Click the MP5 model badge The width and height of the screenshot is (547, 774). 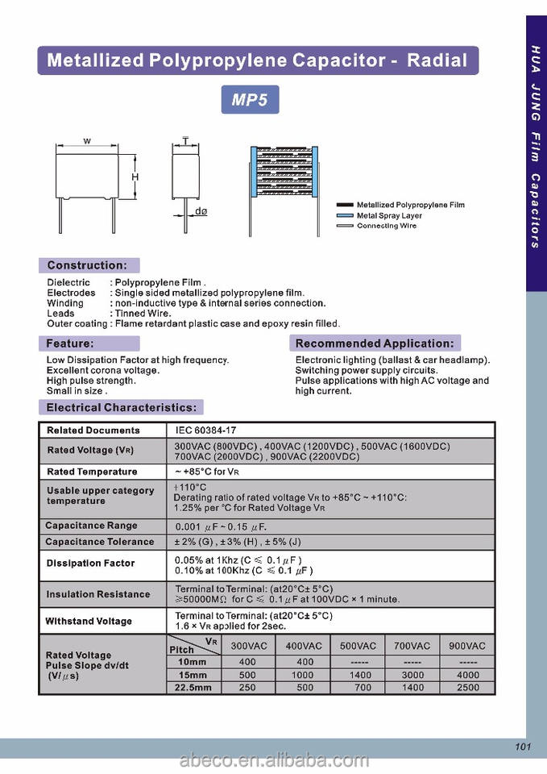pos(251,100)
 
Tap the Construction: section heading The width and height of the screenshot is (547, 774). pos(87,265)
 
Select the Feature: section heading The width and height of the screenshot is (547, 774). pos(70,343)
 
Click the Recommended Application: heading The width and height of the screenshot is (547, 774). pos(375,343)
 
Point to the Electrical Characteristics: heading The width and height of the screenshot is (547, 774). pos(121,408)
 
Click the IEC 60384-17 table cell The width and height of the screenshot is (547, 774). pos(205,431)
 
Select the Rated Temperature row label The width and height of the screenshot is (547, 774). pos(92,472)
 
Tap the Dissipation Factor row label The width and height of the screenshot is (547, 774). pos(90,563)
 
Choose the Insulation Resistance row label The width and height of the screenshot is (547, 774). pos(98,594)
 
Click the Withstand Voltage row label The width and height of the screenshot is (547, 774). pos(89,622)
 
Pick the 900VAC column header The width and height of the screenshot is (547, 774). pos(467,647)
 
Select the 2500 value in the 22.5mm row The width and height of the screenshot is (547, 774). pos(467,688)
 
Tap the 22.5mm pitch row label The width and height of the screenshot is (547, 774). pos(194,688)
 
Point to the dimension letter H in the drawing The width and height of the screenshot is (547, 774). pos(135,177)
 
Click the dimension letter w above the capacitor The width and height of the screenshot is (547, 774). pos(87,141)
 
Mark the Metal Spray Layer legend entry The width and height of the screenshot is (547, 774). pos(389,216)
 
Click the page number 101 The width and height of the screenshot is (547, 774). pos(523,747)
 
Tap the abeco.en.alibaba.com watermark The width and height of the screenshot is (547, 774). pos(273,759)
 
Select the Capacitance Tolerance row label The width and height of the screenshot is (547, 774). pos(99,542)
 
